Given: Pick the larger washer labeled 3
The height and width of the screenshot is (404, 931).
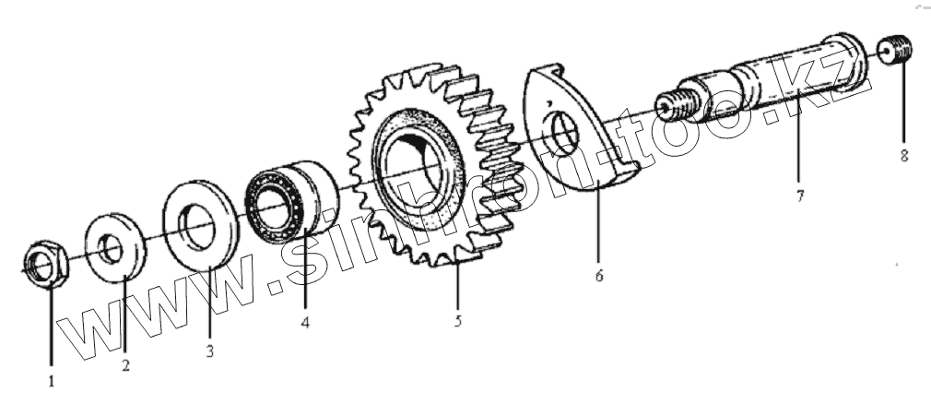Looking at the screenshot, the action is pyautogui.click(x=198, y=225).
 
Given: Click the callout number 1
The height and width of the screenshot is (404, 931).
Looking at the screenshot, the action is pyautogui.click(x=52, y=378).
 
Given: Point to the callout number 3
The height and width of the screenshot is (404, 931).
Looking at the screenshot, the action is pyautogui.click(x=210, y=351).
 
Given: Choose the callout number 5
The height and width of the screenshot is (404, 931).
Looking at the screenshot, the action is pyautogui.click(x=458, y=322).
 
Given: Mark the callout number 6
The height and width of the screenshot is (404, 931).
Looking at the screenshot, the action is pyautogui.click(x=598, y=275).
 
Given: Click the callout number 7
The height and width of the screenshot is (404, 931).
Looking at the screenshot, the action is pyautogui.click(x=801, y=196).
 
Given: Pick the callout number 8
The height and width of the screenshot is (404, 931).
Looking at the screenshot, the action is pyautogui.click(x=904, y=156).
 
